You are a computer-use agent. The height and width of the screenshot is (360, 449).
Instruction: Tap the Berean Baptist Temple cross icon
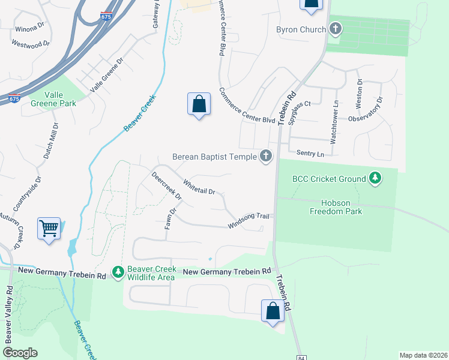[266, 157]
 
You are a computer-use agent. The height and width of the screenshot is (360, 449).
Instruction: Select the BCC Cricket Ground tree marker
[375, 178]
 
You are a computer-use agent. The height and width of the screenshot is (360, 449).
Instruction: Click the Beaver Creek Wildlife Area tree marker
[118, 272]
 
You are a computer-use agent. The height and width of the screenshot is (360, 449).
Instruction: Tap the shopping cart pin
[49, 229]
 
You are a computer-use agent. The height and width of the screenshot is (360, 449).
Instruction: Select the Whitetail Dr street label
[199, 187]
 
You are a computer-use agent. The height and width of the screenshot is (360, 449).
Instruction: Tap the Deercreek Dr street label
[166, 187]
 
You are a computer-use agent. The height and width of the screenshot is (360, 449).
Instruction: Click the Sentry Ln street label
[312, 154]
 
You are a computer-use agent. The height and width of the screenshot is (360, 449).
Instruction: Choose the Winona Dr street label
[29, 28]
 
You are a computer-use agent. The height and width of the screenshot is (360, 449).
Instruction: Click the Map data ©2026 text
[423, 355]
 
